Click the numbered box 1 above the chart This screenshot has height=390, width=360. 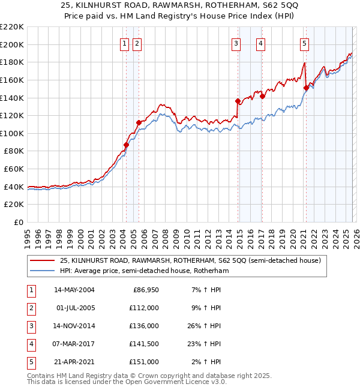pyautogui.click(x=124, y=43)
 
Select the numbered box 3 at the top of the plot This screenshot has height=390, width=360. pyautogui.click(x=236, y=43)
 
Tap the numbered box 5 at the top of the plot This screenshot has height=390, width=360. pyautogui.click(x=305, y=43)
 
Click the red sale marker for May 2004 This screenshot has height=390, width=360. pyautogui.click(x=127, y=145)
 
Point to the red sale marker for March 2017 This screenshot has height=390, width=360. pyautogui.click(x=262, y=95)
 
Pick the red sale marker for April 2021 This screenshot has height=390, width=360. pyautogui.click(x=306, y=88)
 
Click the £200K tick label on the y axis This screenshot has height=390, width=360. pyautogui.click(x=13, y=44)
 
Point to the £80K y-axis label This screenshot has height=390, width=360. pyautogui.click(x=14, y=151)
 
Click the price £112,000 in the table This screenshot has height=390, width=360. pyautogui.click(x=143, y=308)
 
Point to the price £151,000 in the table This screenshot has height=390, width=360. pyautogui.click(x=143, y=362)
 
